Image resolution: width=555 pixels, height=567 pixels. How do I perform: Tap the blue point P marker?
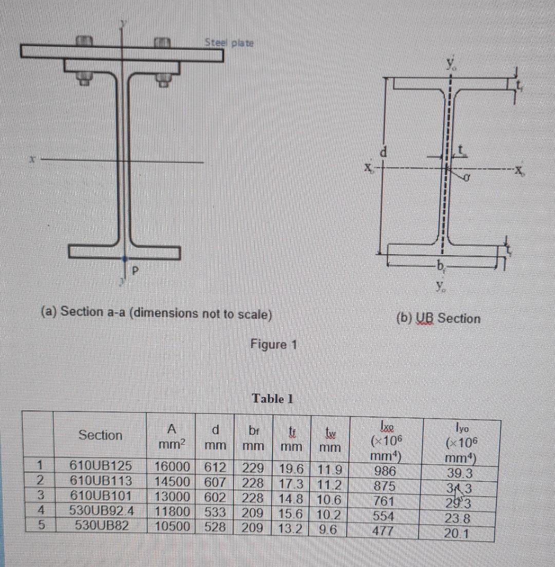coord(124,259)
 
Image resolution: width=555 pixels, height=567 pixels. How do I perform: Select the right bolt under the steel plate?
coord(162,79)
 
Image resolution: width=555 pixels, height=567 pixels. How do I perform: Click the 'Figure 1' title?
coord(273,344)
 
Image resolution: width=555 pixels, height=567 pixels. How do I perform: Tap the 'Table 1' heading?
coord(272,399)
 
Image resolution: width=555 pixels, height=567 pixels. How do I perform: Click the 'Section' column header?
coord(100,435)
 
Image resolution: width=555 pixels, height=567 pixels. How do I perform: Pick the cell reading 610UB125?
coord(101,467)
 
